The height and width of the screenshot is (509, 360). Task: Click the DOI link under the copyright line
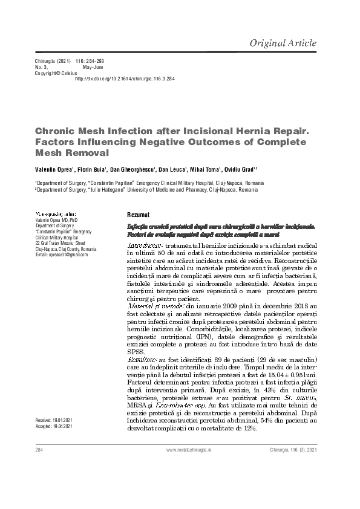click(x=125, y=79)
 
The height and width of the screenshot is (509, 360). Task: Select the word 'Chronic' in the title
click(x=55, y=129)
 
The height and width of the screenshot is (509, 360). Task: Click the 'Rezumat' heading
click(x=138, y=215)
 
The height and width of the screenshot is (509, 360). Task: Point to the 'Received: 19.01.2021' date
click(x=54, y=419)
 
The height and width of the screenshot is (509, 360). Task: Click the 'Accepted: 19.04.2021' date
click(x=54, y=426)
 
